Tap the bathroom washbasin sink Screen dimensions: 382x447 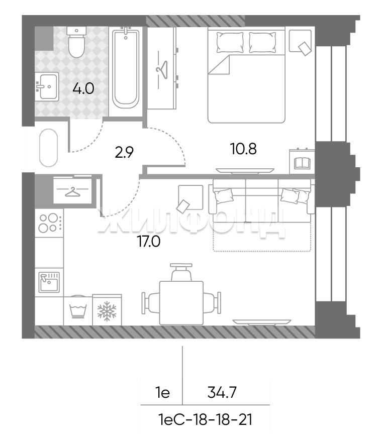tap(47, 86)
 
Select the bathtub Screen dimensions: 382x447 tap(125, 68)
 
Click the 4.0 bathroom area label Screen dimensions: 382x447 tap(83, 89)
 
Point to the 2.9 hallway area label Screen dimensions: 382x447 tap(124, 152)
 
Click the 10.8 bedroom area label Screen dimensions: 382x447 tap(243, 149)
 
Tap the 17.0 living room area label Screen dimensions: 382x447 tap(149, 242)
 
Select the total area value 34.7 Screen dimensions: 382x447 tap(222, 393)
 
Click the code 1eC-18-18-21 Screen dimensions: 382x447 tap(205, 420)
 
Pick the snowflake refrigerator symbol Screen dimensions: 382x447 tap(107, 310)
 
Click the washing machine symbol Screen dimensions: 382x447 tap(78, 311)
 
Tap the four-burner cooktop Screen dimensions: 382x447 tap(49, 223)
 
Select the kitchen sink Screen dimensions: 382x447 tap(49, 282)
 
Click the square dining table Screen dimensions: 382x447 tap(181, 303)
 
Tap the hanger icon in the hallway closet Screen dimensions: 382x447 tap(73, 191)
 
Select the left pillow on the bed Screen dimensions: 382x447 tap(230, 42)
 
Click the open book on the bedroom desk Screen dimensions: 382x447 tap(302, 163)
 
